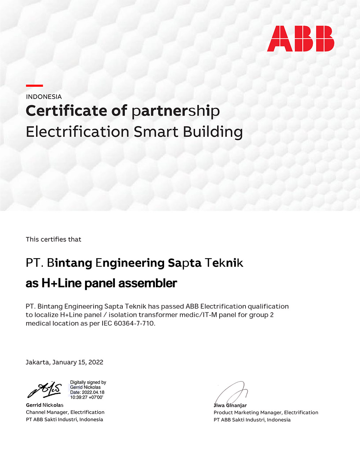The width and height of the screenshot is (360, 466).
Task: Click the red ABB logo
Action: tap(301, 39)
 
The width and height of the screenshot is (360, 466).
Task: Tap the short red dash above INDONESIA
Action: tap(34, 86)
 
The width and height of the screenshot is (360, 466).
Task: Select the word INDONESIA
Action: tap(44, 97)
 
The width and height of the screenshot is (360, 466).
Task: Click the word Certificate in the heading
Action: tap(66, 111)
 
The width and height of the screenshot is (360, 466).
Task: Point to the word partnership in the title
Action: tap(175, 111)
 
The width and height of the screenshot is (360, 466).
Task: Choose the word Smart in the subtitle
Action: tap(156, 132)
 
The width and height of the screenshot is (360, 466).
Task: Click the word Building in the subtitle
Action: tap(213, 132)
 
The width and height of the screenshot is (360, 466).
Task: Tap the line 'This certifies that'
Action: tap(53, 239)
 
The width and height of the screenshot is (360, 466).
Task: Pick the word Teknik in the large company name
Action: tap(224, 263)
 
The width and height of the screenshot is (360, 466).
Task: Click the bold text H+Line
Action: tap(62, 283)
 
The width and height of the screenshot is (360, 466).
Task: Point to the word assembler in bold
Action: tap(148, 283)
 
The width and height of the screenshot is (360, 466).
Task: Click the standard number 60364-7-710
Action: tap(134, 323)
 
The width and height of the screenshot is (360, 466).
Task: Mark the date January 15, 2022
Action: tap(78, 362)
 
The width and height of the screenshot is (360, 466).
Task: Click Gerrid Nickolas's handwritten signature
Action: tap(45, 390)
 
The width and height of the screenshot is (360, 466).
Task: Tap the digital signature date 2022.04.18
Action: tap(93, 393)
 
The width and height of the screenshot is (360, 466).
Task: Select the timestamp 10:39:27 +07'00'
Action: tap(86, 397)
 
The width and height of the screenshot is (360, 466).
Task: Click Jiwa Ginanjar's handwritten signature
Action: tap(232, 393)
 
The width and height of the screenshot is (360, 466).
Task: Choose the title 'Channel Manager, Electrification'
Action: tap(65, 412)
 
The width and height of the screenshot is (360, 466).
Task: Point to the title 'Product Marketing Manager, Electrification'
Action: tap(266, 413)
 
